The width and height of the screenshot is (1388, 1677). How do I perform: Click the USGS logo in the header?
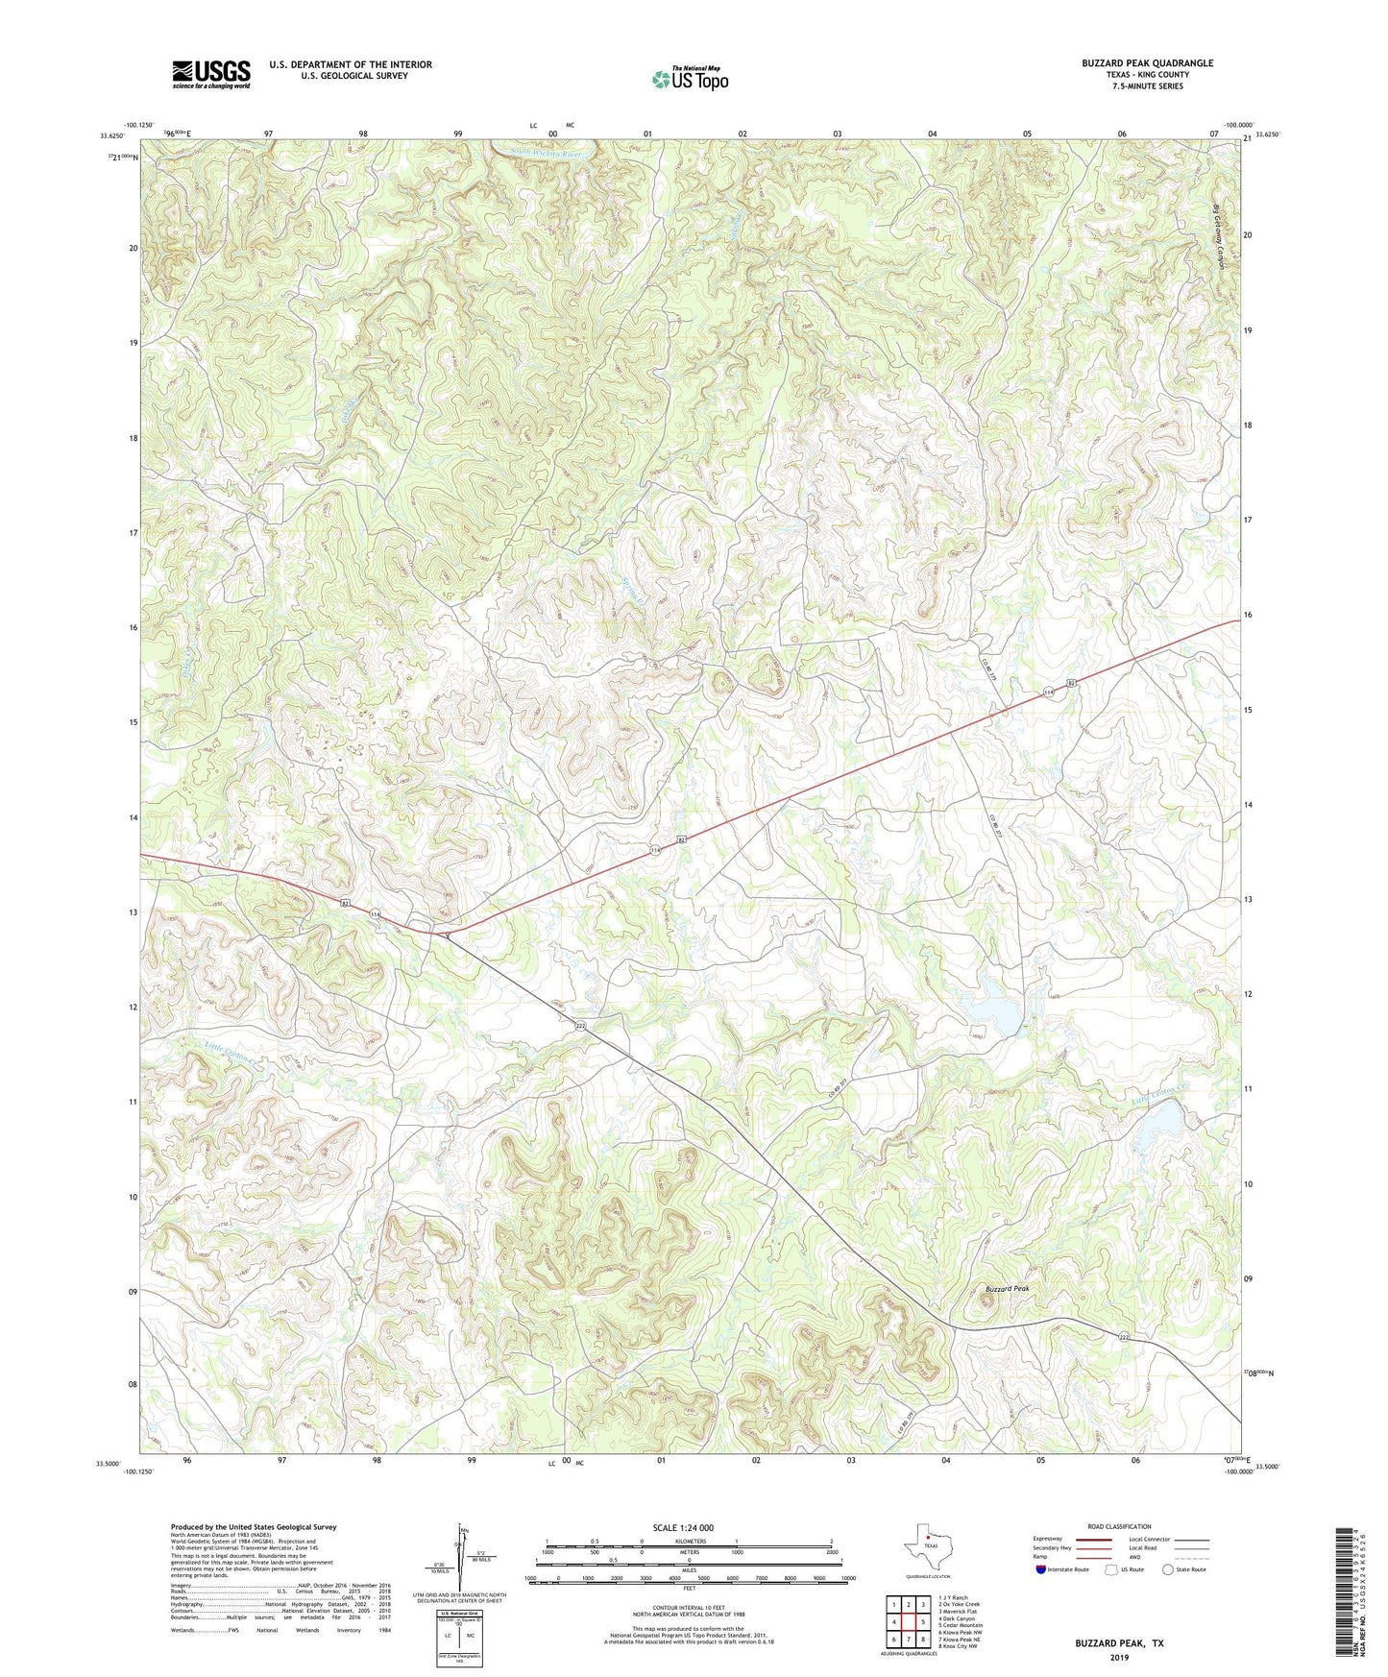click(x=210, y=73)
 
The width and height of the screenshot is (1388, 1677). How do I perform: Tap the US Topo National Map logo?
click(x=689, y=78)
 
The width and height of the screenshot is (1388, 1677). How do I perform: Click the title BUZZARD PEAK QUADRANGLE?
click(x=1147, y=63)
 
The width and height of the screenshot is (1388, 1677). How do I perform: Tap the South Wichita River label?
click(x=546, y=153)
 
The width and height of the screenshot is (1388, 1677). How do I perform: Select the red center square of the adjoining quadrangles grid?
click(x=908, y=1622)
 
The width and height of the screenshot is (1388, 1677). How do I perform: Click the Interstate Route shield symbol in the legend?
click(x=1040, y=1569)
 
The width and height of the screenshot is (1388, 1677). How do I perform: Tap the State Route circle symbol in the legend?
click(x=1168, y=1569)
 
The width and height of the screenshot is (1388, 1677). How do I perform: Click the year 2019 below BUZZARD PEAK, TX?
click(x=1119, y=1657)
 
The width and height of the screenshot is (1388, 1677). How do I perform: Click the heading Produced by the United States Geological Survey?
click(x=254, y=1526)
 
